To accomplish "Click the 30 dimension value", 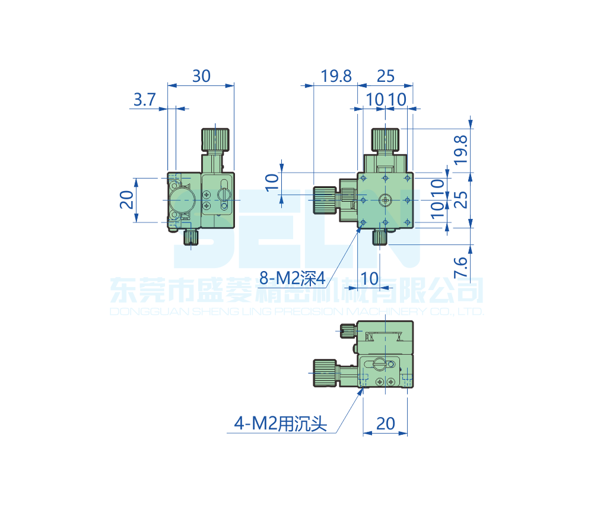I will pyautogui.click(x=201, y=76).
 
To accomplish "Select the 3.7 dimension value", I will pyautogui.click(x=144, y=100).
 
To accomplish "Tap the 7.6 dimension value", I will pyautogui.click(x=460, y=269).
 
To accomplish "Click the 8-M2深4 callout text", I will pyautogui.click(x=293, y=276).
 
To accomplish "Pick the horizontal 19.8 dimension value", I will pyautogui.click(x=336, y=76).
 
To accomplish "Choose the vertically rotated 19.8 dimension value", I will pyautogui.click(x=460, y=149).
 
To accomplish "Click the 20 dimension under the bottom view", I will pyautogui.click(x=385, y=423).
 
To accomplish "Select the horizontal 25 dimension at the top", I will pyautogui.click(x=386, y=76).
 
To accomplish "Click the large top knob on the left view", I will pyautogui.click(x=215, y=140).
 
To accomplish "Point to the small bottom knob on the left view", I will pyautogui.click(x=190, y=238).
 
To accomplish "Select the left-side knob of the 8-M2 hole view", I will pyautogui.click(x=325, y=200).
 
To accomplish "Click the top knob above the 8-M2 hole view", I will pyautogui.click(x=385, y=140).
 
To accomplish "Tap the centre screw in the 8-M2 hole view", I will pyautogui.click(x=385, y=200).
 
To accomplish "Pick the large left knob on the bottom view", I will pyautogui.click(x=325, y=374).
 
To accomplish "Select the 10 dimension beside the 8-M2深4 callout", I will pyautogui.click(x=369, y=277).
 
